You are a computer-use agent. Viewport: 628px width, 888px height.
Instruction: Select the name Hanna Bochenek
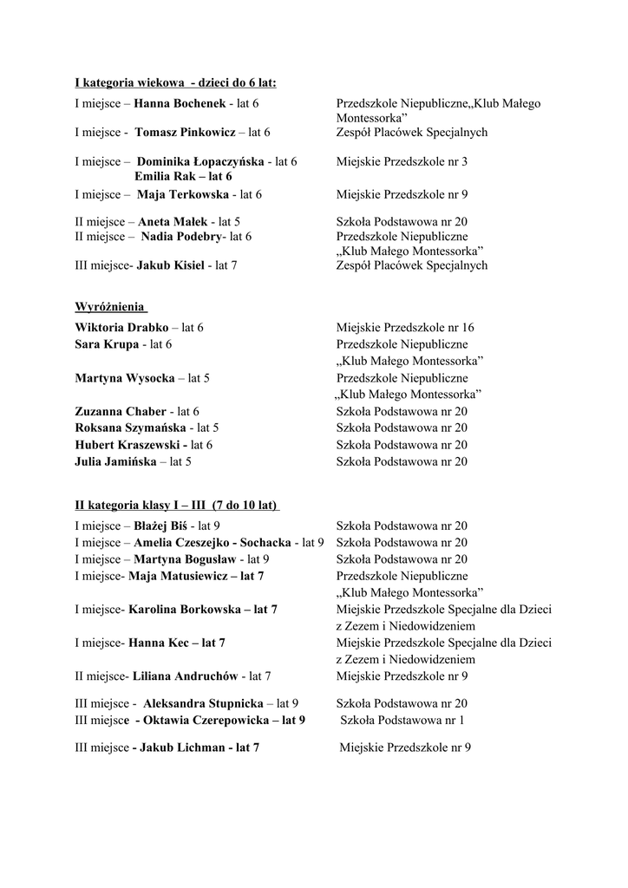[180, 104]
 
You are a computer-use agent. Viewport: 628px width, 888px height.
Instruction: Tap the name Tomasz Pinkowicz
[186, 133]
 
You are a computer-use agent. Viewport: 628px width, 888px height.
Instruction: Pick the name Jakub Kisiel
[170, 265]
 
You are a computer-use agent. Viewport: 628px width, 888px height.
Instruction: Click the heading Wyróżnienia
[110, 307]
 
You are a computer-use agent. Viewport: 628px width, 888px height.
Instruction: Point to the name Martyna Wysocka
[125, 379]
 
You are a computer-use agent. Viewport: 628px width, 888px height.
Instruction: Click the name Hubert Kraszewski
[131, 445]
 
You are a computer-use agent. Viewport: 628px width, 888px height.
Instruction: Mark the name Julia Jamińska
[116, 462]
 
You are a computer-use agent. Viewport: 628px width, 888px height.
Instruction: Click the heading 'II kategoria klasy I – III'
[177, 505]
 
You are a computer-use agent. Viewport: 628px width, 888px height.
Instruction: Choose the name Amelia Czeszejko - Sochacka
[213, 543]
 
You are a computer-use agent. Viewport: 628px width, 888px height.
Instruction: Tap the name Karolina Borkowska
[185, 610]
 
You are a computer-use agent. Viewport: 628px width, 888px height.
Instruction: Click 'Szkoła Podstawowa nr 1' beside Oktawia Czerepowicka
[402, 720]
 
